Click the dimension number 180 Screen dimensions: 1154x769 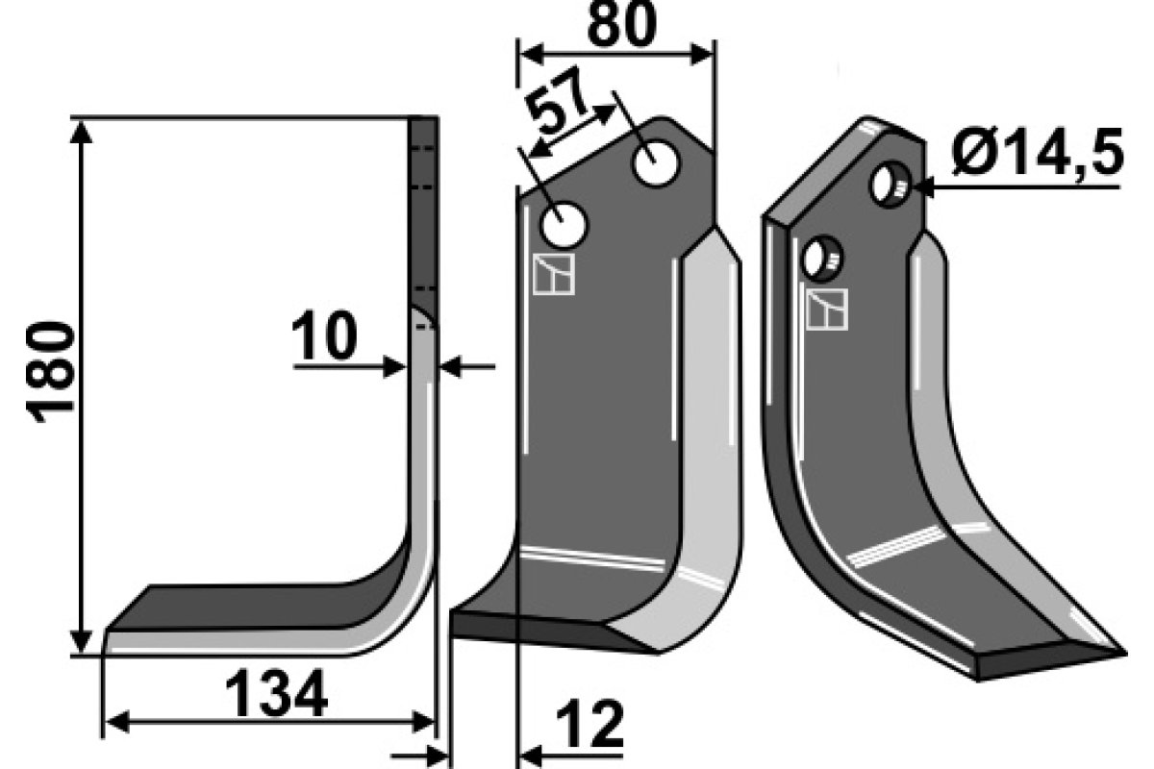pos(50,372)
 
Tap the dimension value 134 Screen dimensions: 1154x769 pos(276,693)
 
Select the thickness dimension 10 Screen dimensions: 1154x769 pos(324,335)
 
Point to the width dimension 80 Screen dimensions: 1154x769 pos(622,25)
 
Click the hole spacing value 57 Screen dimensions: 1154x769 pos(557,98)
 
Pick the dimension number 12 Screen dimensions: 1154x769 pos(590,724)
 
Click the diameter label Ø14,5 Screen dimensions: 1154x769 pos(1037,152)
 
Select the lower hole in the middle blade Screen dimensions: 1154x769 pos(564,225)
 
